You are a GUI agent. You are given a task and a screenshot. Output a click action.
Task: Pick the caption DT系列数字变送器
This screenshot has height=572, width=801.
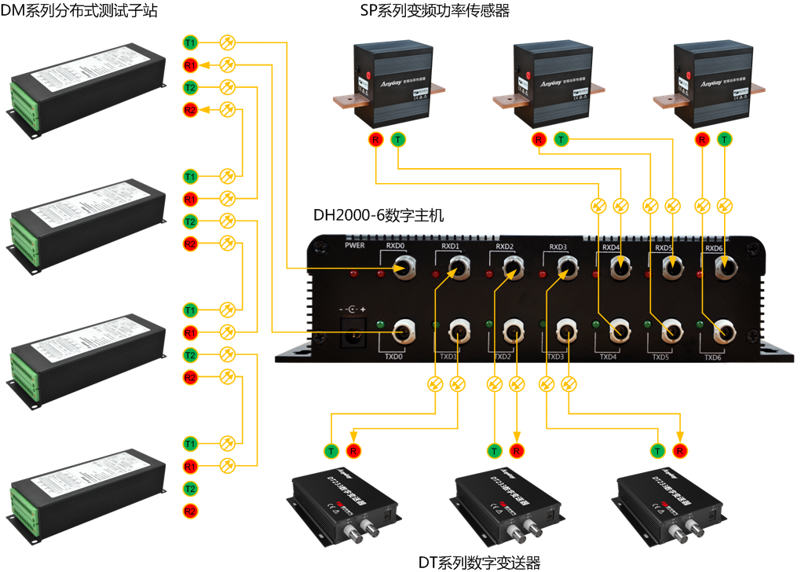point(479,562)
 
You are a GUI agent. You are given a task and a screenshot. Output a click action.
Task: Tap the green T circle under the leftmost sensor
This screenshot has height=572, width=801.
point(398,140)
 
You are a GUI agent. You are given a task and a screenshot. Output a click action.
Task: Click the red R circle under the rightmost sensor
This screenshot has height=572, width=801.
point(701,140)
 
